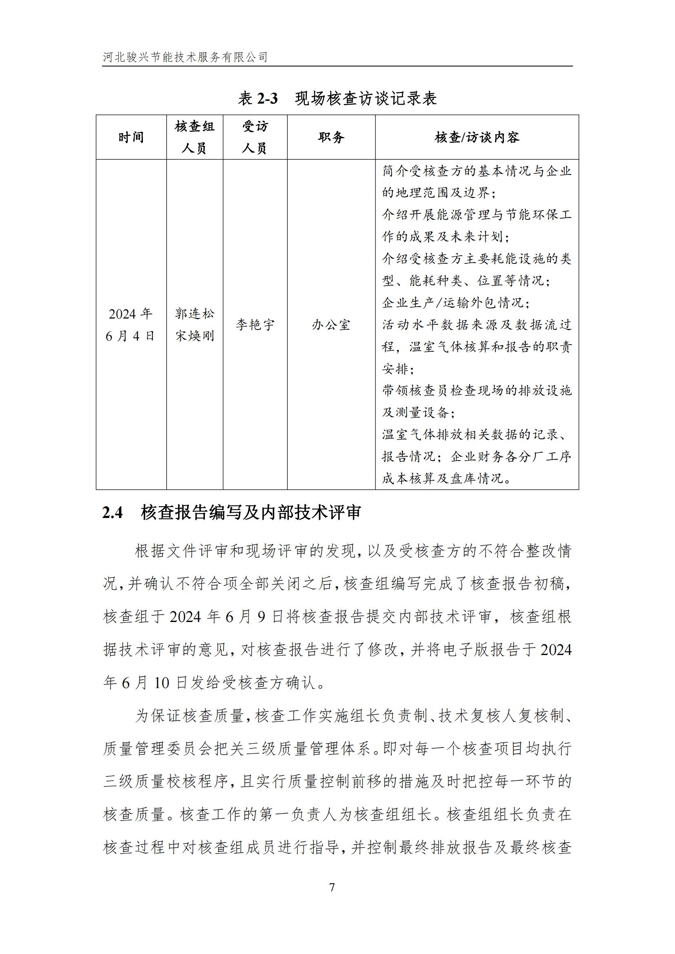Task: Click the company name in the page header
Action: (x=185, y=57)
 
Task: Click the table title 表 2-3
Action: (x=258, y=99)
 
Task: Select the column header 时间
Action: (x=131, y=137)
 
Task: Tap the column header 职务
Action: (x=331, y=137)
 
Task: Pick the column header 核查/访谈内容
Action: (x=477, y=137)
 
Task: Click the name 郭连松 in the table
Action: (x=195, y=314)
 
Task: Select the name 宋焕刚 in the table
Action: (x=195, y=336)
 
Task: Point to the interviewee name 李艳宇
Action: (x=255, y=325)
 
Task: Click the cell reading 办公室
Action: (x=331, y=325)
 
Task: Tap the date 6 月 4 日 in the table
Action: (x=130, y=336)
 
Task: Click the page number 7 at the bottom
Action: (x=332, y=888)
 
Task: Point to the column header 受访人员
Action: (x=255, y=137)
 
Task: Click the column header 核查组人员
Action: (x=195, y=137)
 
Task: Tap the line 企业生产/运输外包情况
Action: (x=455, y=303)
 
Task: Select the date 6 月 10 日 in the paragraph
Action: (x=154, y=683)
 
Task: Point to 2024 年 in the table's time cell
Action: (x=130, y=314)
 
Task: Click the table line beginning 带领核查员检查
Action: (x=477, y=391)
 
